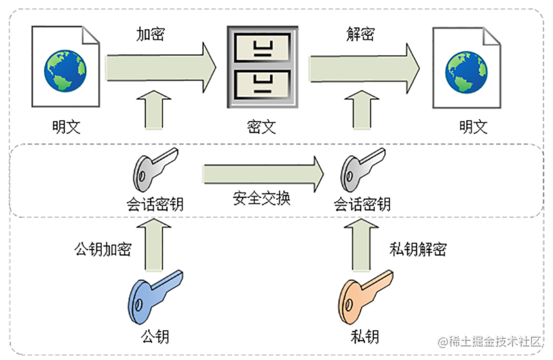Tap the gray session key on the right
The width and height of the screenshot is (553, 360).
362,174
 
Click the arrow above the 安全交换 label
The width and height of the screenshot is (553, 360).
261,173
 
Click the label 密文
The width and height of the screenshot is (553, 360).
262,127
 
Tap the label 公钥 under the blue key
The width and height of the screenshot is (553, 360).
155,336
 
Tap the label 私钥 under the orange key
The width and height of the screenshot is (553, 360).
365,336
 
